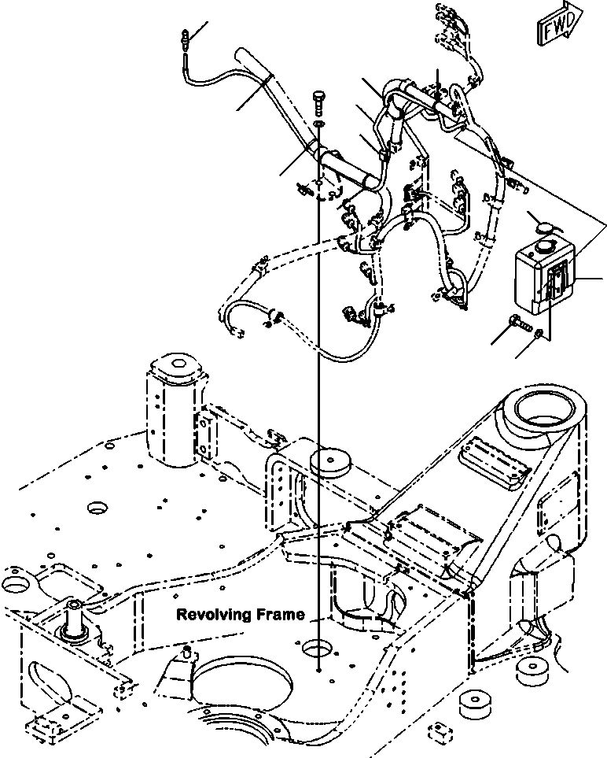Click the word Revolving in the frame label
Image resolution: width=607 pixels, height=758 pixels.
pos(208,615)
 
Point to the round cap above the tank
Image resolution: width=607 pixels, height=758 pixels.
pos(543,226)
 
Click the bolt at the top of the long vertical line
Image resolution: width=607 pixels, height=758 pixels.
pos(318,100)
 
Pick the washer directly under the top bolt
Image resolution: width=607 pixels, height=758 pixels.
pos(318,124)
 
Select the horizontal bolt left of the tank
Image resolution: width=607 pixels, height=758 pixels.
pos(519,323)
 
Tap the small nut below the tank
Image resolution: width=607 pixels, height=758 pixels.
pos(537,335)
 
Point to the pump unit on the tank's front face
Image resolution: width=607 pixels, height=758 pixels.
pos(554,283)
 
